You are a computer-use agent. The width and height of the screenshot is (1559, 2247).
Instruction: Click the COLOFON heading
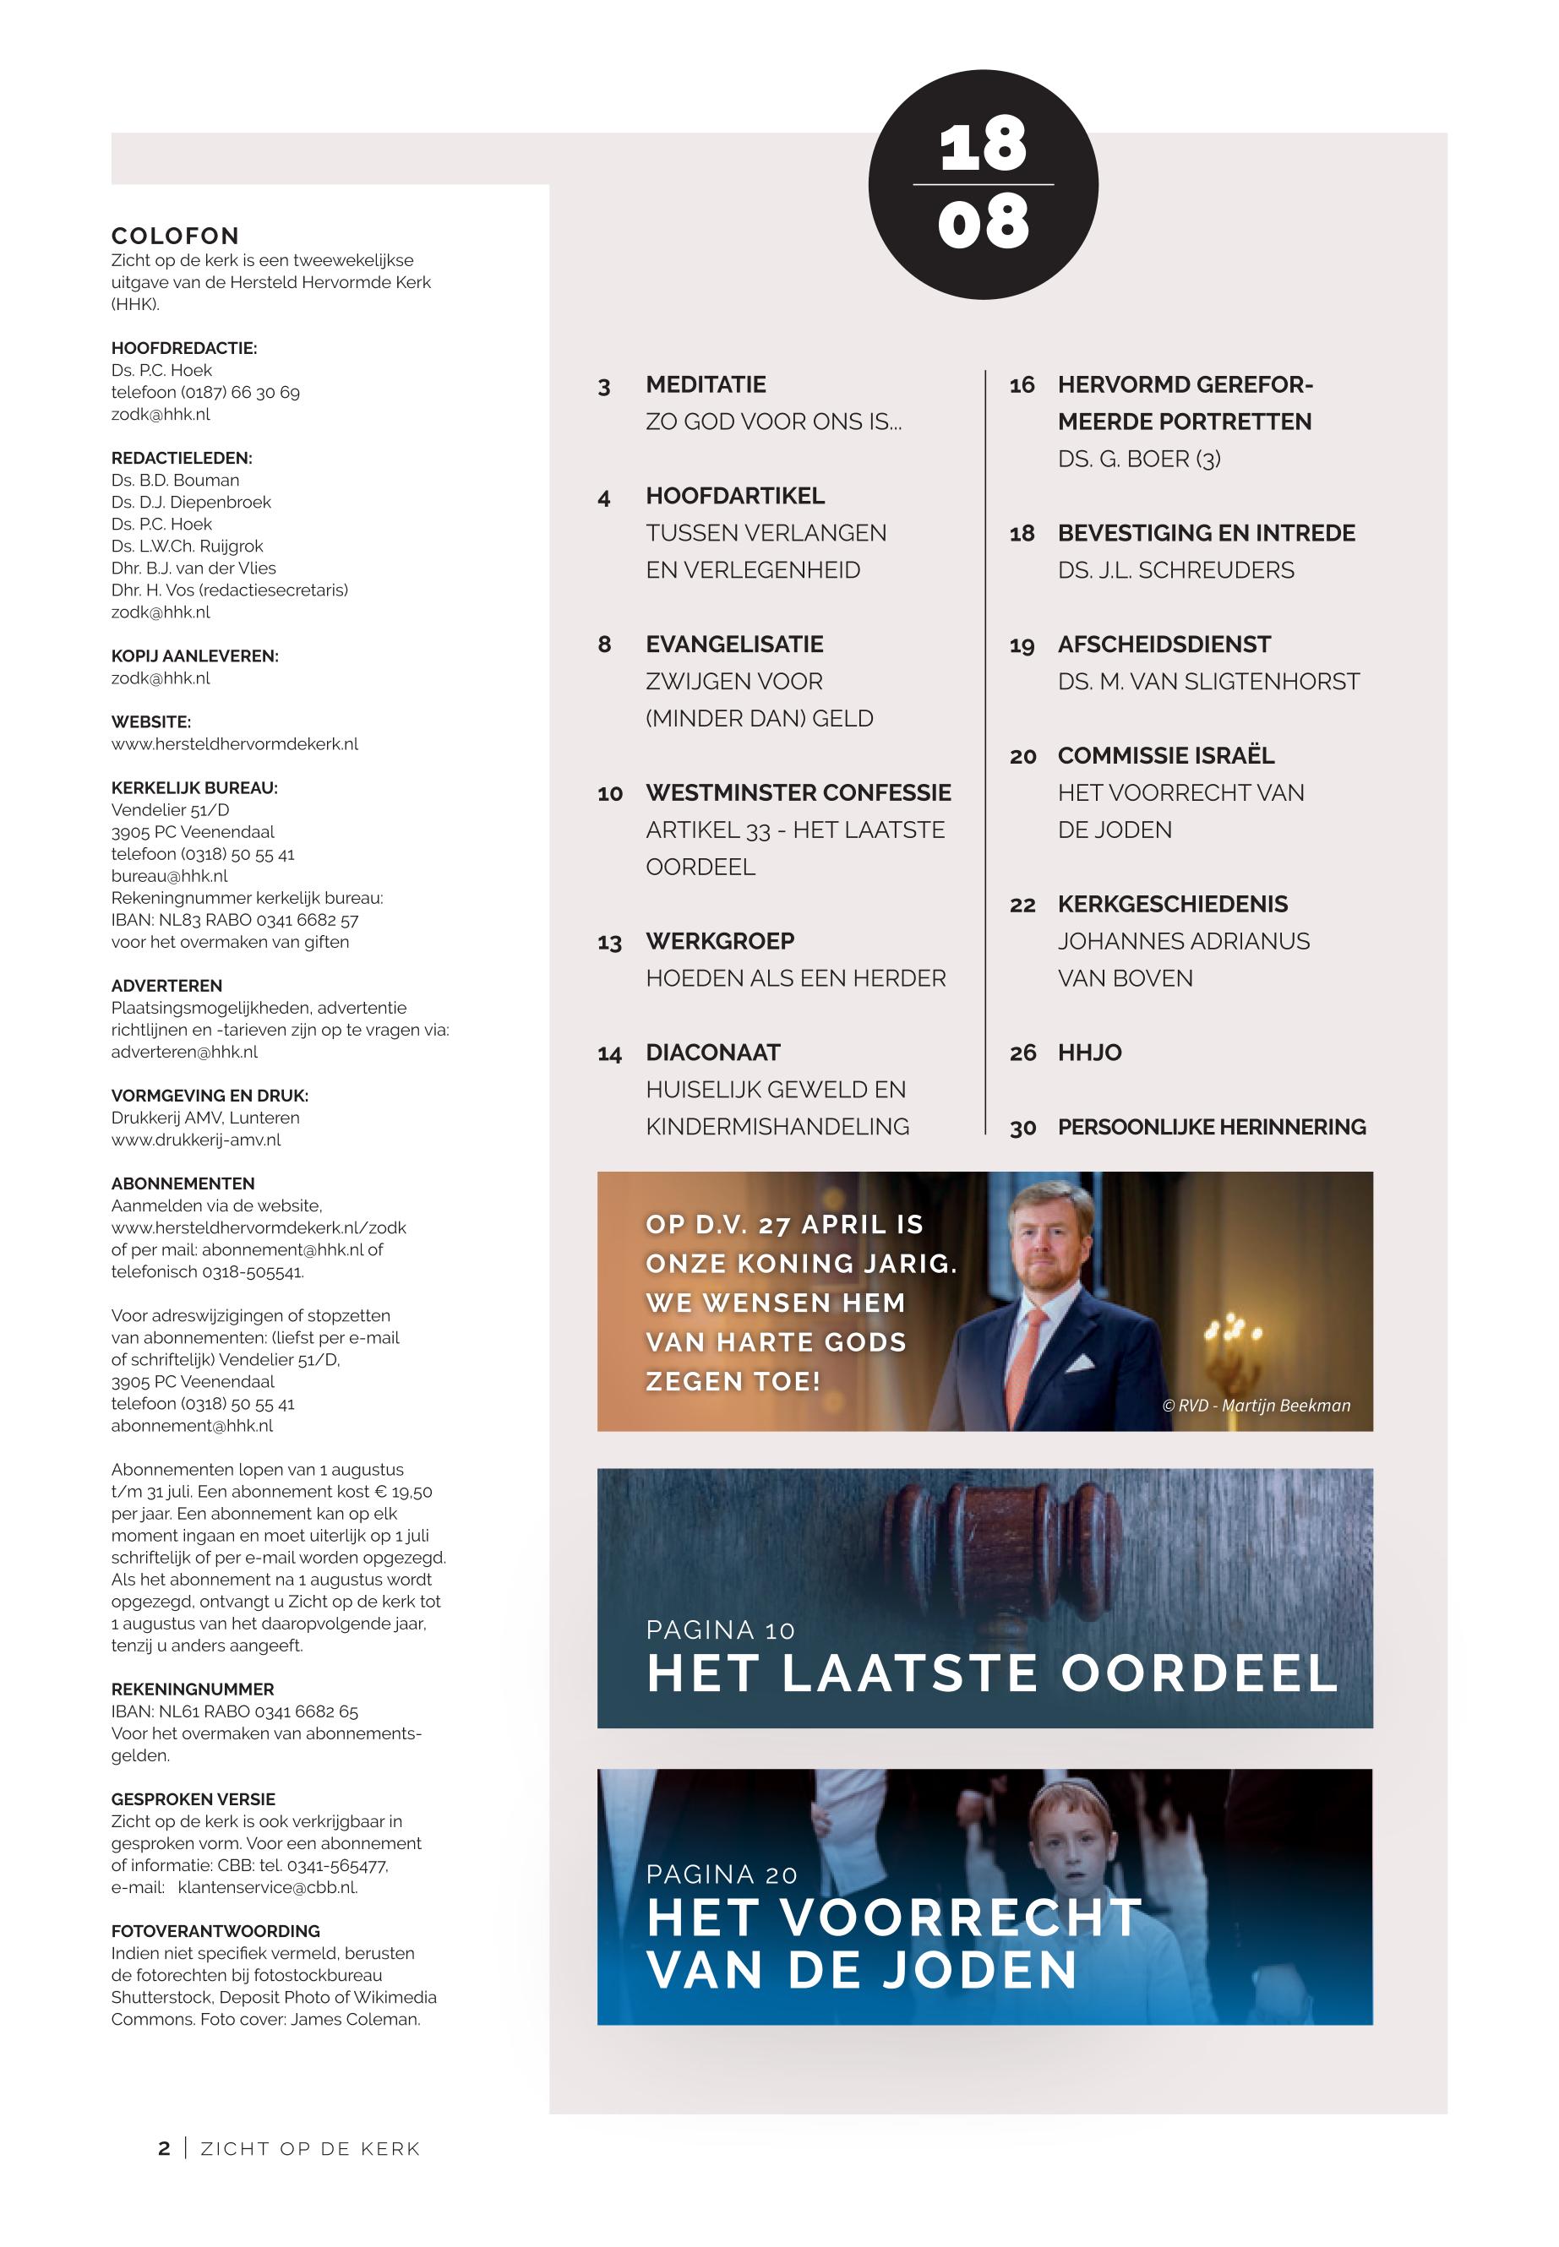click(x=175, y=237)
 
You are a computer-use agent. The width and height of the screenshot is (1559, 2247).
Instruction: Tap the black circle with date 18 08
click(x=983, y=184)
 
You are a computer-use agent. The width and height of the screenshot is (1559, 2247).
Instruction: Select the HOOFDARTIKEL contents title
click(x=734, y=496)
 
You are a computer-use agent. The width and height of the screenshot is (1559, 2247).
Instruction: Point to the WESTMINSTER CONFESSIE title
click(x=798, y=793)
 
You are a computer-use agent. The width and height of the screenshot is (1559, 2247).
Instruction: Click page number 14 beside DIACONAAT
click(x=609, y=1053)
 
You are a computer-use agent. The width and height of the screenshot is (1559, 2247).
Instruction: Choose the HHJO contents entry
click(x=1089, y=1053)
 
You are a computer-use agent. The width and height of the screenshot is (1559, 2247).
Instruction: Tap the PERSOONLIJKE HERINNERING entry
click(x=1211, y=1127)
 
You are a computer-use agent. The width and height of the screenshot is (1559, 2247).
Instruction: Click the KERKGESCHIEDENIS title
click(x=1172, y=904)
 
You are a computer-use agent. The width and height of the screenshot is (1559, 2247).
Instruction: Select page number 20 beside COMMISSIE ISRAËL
click(x=1022, y=757)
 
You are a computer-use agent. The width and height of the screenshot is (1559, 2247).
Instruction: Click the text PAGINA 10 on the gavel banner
click(x=720, y=1629)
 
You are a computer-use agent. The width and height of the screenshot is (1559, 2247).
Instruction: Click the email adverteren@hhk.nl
click(x=184, y=1052)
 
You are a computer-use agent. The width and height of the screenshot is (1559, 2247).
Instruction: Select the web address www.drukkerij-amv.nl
click(x=195, y=1140)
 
